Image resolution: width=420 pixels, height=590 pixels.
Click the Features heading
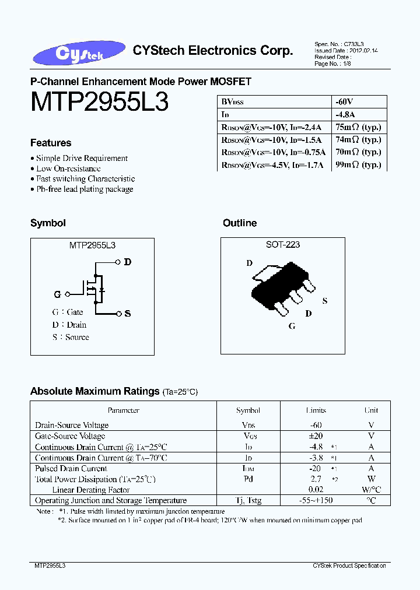pyautogui.click(x=51, y=143)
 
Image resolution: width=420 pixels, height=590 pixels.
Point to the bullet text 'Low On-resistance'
pyautogui.click(x=68, y=168)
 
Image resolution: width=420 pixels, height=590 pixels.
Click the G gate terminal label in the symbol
pyautogui.click(x=57, y=294)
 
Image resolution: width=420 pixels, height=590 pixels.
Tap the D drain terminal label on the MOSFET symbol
pyautogui.click(x=127, y=262)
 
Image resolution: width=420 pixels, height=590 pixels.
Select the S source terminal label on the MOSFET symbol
pyautogui.click(x=127, y=314)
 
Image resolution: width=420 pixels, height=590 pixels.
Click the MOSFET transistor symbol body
pyautogui.click(x=93, y=289)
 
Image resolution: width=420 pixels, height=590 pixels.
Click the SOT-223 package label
pyautogui.click(x=283, y=245)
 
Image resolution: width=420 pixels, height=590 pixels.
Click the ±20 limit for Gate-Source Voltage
pyautogui.click(x=316, y=436)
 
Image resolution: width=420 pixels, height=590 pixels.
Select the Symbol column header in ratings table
pyautogui.click(x=249, y=410)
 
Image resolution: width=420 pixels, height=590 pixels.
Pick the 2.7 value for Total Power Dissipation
pyautogui.click(x=315, y=479)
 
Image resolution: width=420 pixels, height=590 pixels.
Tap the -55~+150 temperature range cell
pyautogui.click(x=316, y=500)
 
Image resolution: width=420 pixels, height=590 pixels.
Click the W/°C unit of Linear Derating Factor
pyautogui.click(x=371, y=490)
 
